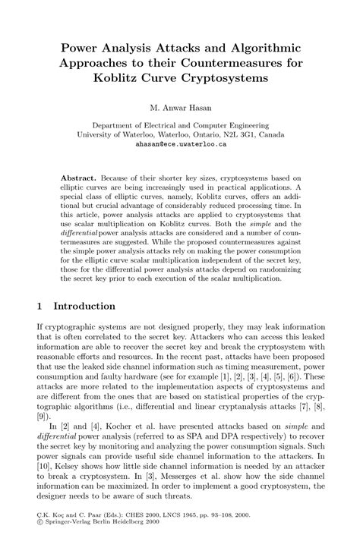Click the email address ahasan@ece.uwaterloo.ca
click(180, 143)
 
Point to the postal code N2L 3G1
click(236, 134)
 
